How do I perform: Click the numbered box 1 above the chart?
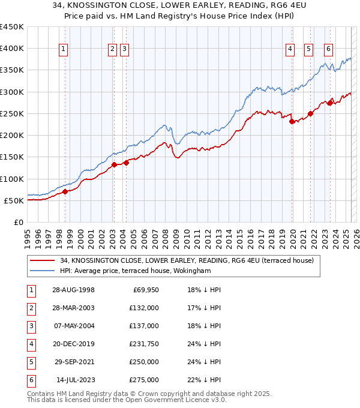[x=64, y=50]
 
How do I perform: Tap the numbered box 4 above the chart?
[x=290, y=50]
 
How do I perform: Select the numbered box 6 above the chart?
[x=329, y=50]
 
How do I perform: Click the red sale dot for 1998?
[x=65, y=192]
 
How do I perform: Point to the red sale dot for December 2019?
[x=292, y=121]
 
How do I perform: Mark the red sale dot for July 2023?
[x=330, y=103]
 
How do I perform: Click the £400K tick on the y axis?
[x=12, y=49]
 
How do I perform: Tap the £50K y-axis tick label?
[x=14, y=200]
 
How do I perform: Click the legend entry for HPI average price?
[x=135, y=271]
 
